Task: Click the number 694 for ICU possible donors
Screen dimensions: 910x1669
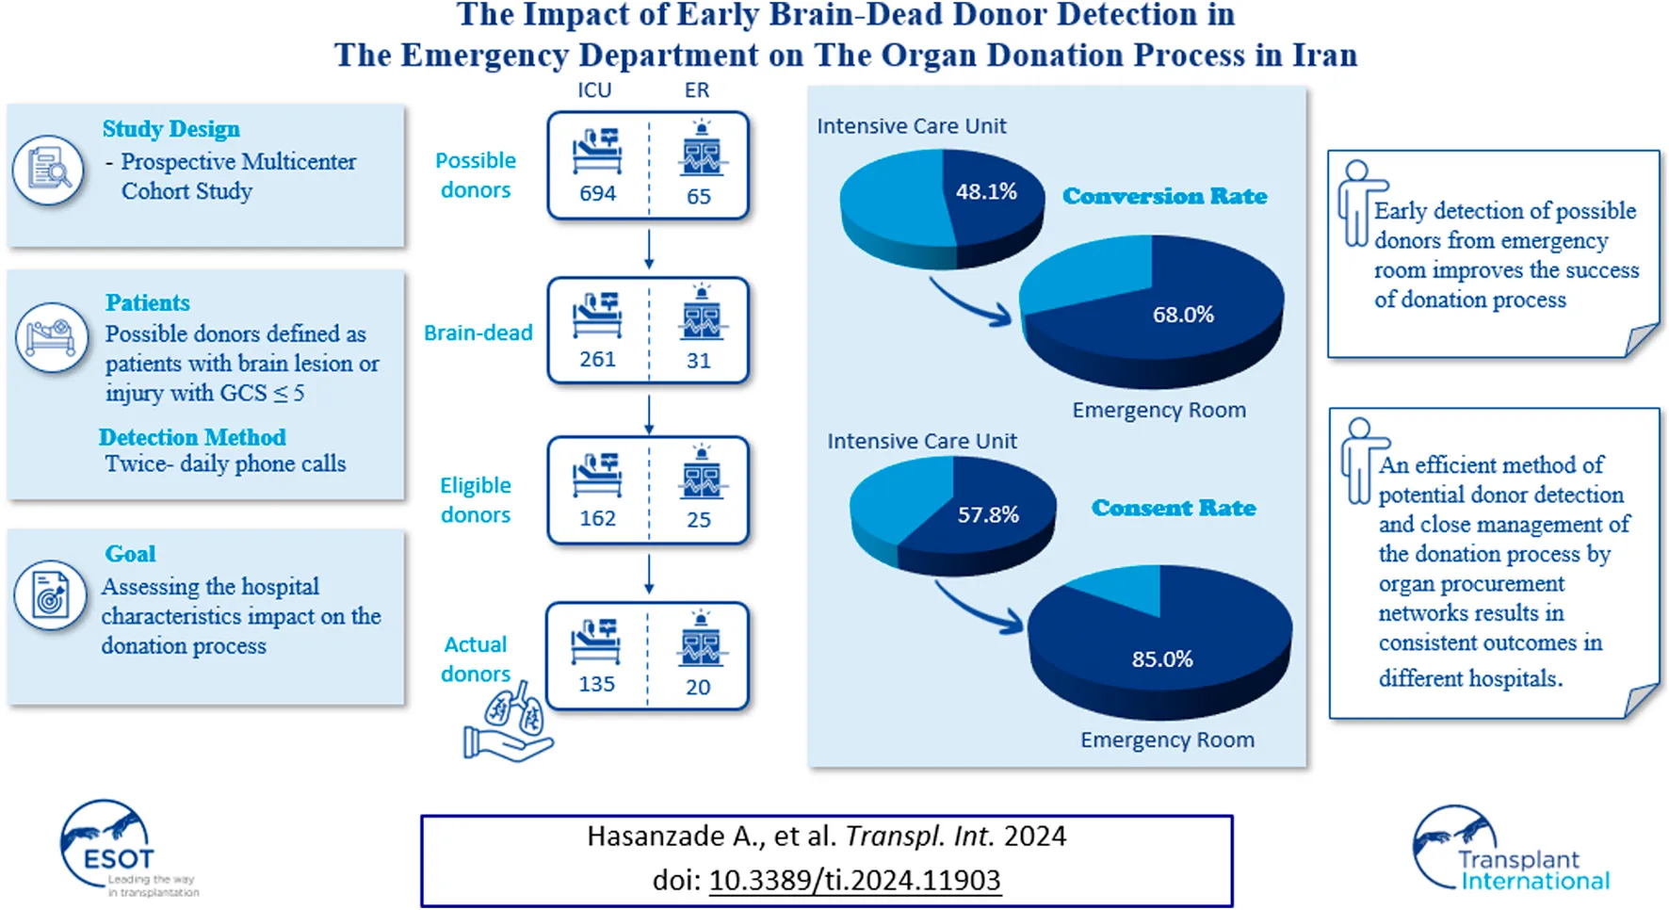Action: tap(597, 194)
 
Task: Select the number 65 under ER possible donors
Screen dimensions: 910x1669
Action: tap(698, 197)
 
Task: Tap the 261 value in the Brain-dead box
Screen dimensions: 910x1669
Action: tap(597, 360)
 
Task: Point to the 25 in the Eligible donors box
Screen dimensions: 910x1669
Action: tap(698, 520)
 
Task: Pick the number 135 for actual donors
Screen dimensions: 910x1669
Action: tap(596, 685)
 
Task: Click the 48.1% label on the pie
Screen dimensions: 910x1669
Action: tap(986, 192)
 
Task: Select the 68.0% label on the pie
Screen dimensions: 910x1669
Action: tap(1183, 315)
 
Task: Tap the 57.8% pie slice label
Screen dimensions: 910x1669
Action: tap(988, 515)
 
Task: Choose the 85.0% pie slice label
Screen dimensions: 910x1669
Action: tap(1162, 659)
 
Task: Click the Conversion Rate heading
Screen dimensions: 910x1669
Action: tap(1164, 196)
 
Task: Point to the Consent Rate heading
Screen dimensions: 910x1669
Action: tap(1174, 508)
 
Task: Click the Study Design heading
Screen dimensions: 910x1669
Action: tap(170, 129)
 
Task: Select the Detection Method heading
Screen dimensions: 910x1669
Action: tap(192, 437)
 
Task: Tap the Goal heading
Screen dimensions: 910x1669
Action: tap(130, 554)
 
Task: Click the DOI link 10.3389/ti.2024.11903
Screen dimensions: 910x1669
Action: tap(854, 880)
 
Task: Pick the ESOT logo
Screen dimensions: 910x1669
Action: tap(118, 848)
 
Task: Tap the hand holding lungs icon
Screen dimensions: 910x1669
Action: tap(510, 723)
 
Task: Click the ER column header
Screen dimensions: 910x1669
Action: tap(697, 90)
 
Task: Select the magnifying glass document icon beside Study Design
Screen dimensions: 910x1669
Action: tap(49, 171)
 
